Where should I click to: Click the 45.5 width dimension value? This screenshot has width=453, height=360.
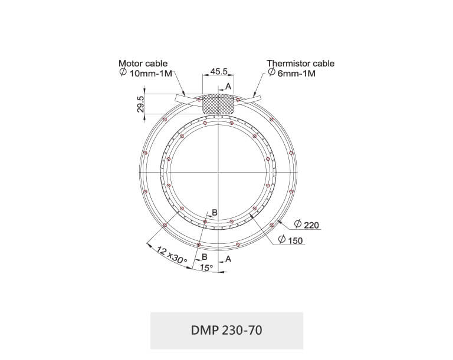click(x=219, y=71)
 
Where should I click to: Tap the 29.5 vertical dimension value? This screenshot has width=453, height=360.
click(x=140, y=104)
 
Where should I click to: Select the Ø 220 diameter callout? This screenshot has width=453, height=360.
click(x=307, y=224)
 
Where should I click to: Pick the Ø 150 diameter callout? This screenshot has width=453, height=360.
click(x=290, y=240)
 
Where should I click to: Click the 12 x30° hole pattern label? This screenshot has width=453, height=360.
click(x=172, y=255)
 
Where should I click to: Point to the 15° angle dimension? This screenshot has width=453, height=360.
click(x=206, y=267)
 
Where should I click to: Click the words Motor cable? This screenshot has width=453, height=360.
click(x=143, y=63)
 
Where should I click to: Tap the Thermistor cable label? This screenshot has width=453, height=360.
click(x=300, y=63)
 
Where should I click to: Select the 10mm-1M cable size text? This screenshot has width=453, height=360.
click(x=150, y=73)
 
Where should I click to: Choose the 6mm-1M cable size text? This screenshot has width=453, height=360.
click(x=297, y=73)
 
